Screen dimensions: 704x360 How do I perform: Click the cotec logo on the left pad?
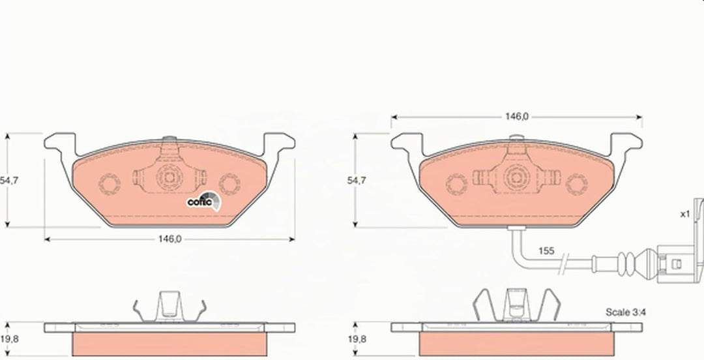point(204,201)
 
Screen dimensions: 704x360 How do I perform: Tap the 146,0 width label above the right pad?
point(516,116)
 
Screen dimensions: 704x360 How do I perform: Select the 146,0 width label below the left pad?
point(169,239)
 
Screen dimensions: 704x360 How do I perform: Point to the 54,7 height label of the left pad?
point(9,180)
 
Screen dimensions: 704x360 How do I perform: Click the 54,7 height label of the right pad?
point(356,180)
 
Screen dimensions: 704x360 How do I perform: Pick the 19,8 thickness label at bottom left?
point(9,339)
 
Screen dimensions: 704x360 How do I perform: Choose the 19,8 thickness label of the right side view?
point(357,339)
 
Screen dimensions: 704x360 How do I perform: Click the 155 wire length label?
point(546,251)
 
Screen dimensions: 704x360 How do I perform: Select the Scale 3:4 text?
point(626,312)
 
